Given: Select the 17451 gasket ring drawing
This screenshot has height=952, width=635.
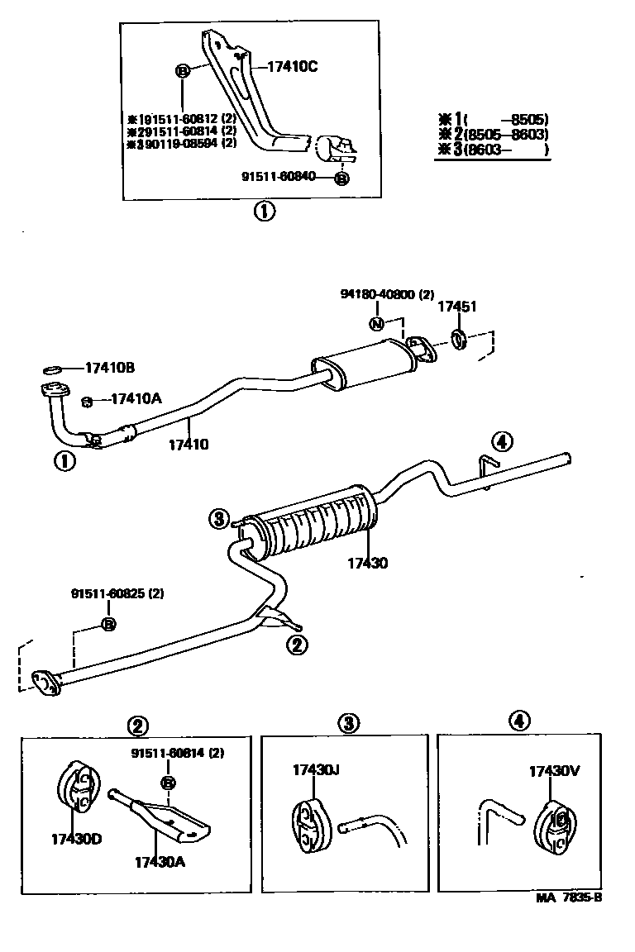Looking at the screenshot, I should tap(459, 339).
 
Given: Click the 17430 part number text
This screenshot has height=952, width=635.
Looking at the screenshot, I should tap(367, 563).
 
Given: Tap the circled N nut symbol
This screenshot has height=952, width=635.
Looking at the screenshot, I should tap(376, 323).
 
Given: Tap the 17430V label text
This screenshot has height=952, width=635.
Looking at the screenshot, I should tap(554, 771).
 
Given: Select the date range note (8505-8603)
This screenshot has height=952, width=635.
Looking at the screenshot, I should tap(506, 136).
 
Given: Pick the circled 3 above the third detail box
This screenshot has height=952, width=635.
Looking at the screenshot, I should tap(348, 723).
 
